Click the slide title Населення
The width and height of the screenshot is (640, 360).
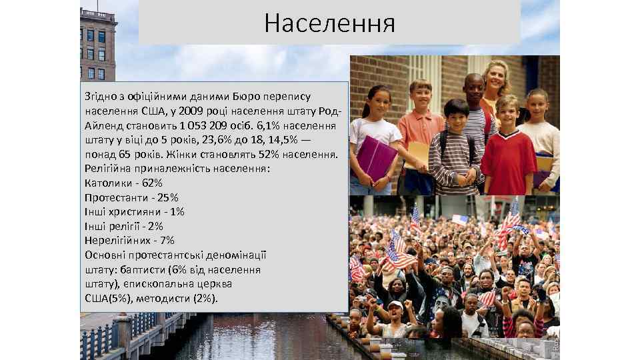coord(329,23)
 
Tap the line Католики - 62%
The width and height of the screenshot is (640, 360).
coord(124,183)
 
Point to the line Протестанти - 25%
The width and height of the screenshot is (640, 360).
coord(132,197)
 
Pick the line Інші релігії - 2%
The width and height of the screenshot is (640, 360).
coord(124,226)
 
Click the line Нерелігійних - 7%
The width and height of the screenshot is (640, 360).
coord(129,240)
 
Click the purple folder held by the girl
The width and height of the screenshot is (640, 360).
coord(377,159)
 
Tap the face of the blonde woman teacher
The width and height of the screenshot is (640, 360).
coord(496,79)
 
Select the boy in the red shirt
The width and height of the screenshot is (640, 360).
coord(508,150)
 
